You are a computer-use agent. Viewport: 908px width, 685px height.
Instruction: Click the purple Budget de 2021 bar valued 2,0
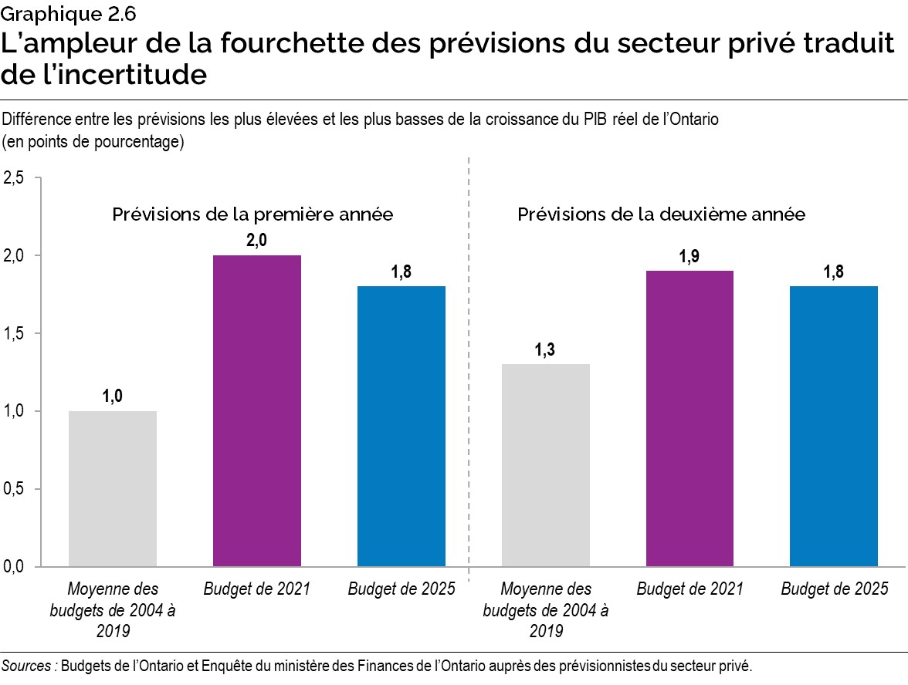(256, 410)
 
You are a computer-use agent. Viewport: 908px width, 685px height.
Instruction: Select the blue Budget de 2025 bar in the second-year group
(834, 426)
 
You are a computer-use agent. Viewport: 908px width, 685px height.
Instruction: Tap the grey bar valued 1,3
(546, 465)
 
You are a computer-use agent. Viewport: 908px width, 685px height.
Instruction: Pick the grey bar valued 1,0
(113, 488)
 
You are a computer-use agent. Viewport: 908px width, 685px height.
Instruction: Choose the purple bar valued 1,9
(689, 418)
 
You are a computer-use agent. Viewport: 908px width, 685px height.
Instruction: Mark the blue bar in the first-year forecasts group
(401, 426)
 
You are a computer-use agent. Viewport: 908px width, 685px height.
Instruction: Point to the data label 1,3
(546, 351)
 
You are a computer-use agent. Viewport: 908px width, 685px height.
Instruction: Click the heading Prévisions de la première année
(252, 214)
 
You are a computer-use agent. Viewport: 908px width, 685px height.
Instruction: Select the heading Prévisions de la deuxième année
(662, 214)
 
